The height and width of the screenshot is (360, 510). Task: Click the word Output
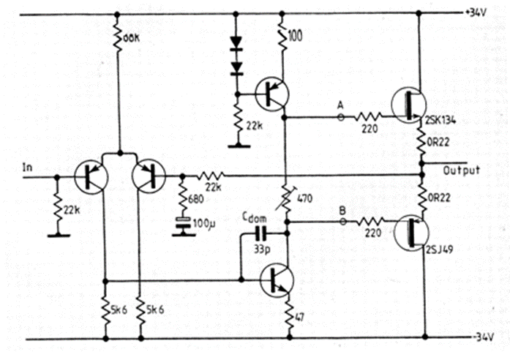coord(462,170)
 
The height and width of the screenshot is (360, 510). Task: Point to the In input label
coord(29,167)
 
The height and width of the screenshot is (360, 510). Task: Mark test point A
coord(340,105)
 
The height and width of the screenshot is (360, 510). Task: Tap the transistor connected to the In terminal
coord(91,176)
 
